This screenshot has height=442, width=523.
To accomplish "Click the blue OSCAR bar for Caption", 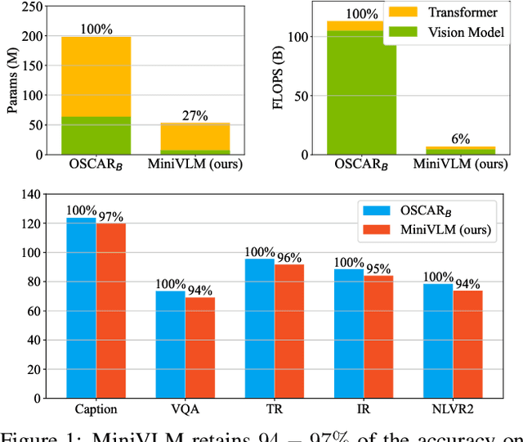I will pos(81,308).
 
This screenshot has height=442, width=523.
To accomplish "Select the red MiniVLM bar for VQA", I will pos(199,348).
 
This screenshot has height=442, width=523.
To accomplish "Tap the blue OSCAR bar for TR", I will pos(260,328).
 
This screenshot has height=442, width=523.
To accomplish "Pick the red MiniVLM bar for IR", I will pos(378,336).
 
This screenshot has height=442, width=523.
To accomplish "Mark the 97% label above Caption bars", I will pos(110,216).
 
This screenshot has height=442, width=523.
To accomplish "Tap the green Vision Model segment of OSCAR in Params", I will pos(96,135).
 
